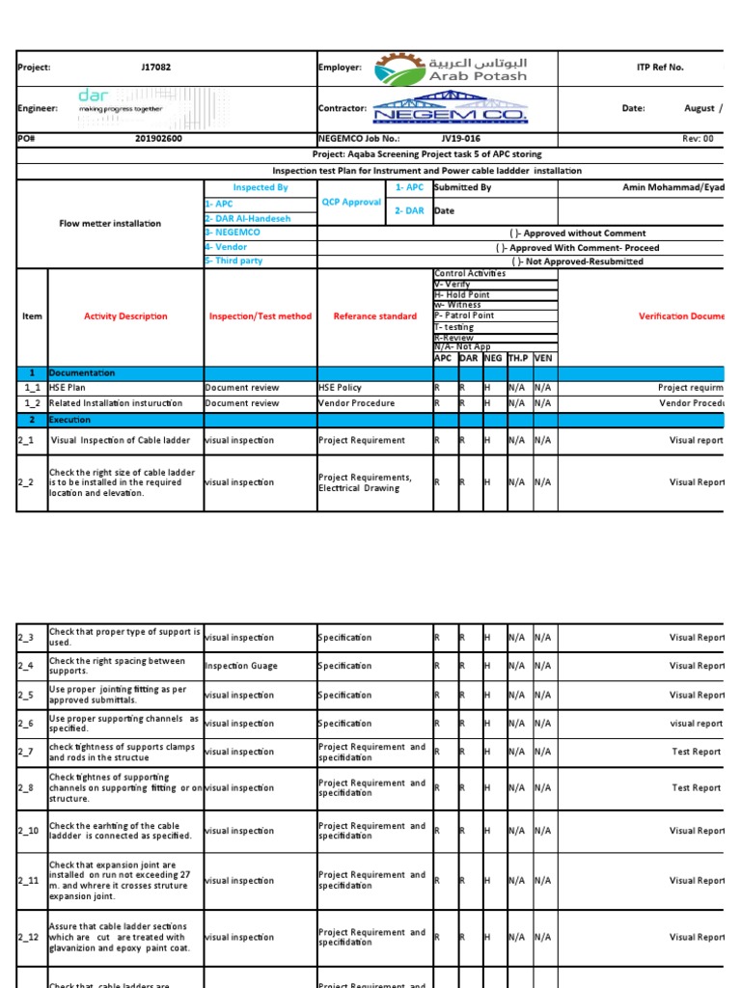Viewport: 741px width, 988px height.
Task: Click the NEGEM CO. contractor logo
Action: point(451,108)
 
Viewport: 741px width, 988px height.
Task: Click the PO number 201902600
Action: point(158,139)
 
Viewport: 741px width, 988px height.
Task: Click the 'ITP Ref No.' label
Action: point(660,68)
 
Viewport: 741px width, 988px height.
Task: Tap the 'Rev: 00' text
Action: point(698,139)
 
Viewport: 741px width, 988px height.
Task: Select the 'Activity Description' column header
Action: point(125,316)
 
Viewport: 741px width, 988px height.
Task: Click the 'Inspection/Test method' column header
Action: point(261,316)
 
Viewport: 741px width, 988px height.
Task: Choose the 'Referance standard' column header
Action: point(375,316)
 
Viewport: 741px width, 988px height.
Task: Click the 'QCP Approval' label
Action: point(353,203)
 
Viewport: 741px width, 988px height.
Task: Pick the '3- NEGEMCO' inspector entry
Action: point(233,233)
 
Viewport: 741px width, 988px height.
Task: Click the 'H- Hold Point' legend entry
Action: point(463,294)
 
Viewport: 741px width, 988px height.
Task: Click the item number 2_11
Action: point(28,881)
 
